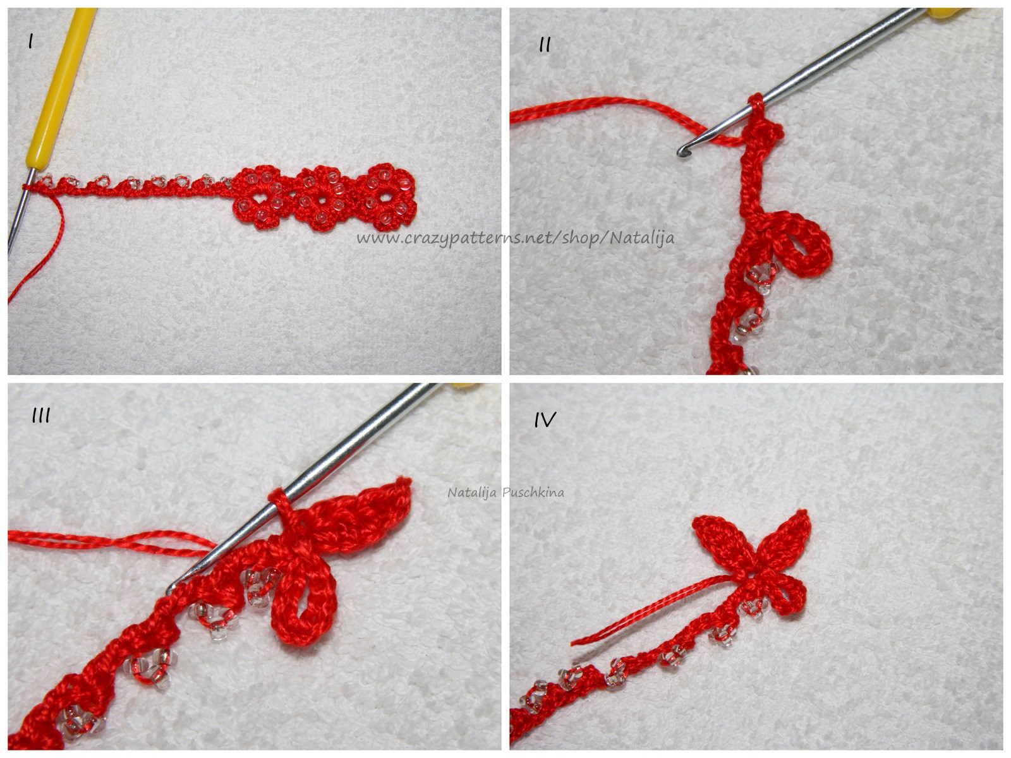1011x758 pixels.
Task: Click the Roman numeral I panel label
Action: (30, 42)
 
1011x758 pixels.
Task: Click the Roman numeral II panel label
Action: (545, 45)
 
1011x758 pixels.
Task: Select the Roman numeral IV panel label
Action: (545, 419)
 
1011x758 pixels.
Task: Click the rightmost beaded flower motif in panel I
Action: (390, 197)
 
